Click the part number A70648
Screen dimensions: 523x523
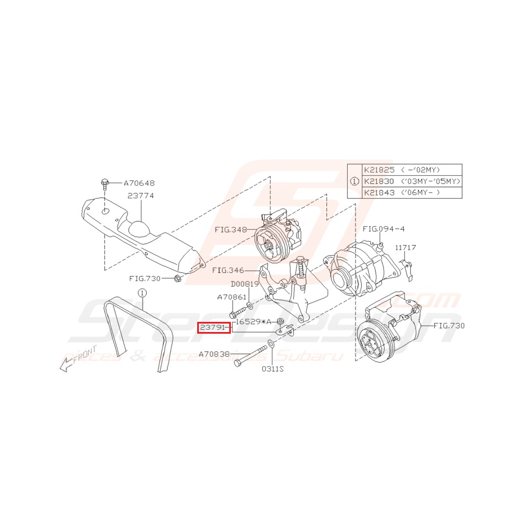point(139,183)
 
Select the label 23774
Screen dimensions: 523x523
point(140,196)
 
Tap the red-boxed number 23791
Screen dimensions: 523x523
point(213,327)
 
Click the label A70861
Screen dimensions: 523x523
point(232,297)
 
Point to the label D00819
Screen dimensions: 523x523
point(244,284)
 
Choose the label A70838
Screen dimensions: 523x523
point(215,354)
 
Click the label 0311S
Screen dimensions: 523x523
point(272,369)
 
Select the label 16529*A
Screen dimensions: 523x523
point(252,321)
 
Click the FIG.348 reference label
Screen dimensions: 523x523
point(231,230)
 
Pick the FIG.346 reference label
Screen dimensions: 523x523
point(228,270)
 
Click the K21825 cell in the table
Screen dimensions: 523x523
point(379,170)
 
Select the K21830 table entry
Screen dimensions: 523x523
point(379,181)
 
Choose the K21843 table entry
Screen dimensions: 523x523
point(379,193)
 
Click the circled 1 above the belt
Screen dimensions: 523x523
point(142,293)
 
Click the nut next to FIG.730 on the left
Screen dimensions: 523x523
point(177,278)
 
